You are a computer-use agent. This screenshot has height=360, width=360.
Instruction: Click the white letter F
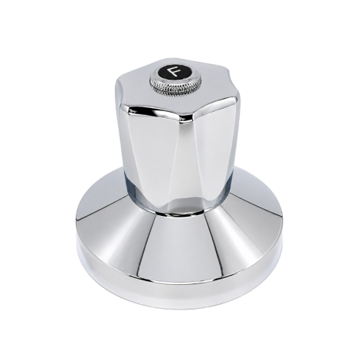[175, 71]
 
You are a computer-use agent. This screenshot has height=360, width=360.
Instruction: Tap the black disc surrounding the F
[175, 72]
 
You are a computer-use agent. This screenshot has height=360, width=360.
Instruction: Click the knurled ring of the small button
[175, 86]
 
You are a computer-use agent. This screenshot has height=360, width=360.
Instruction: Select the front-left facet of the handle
[151, 153]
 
